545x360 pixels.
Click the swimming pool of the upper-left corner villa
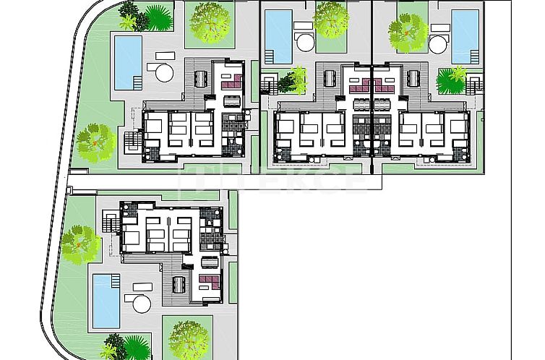click(x=128, y=61)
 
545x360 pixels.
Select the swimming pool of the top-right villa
click(x=462, y=34)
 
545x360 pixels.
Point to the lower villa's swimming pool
click(x=106, y=299)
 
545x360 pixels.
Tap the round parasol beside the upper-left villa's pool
click(x=163, y=72)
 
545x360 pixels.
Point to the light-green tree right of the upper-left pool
click(x=210, y=21)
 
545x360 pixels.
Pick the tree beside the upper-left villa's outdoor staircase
click(x=96, y=141)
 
